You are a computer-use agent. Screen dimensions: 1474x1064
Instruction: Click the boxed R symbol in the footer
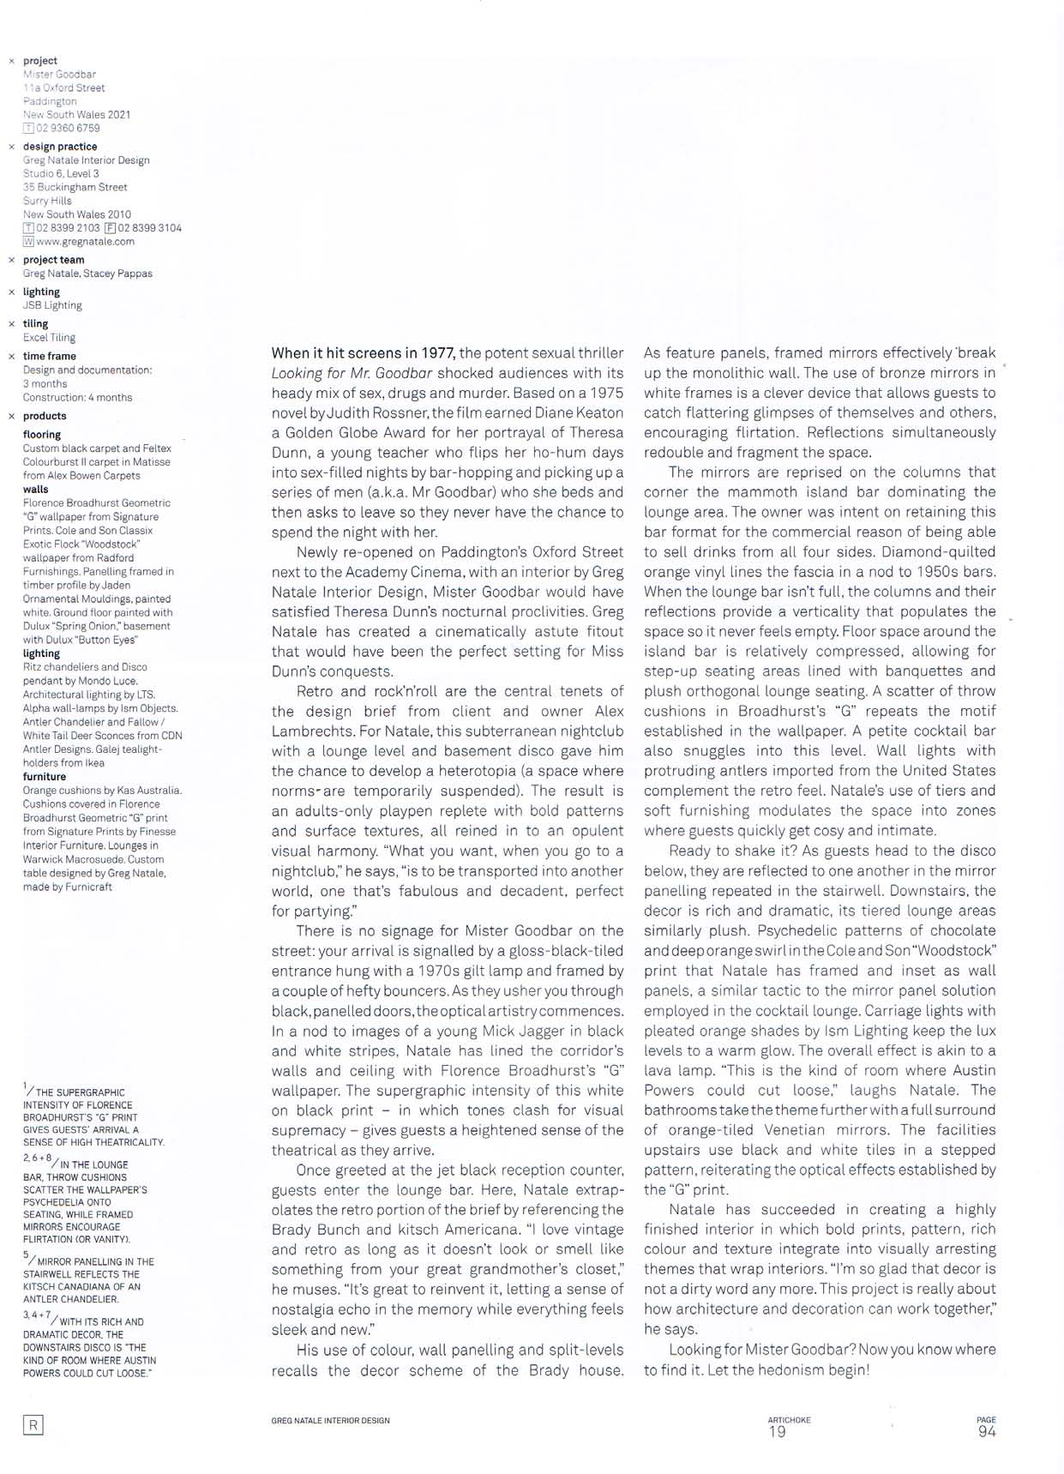(33, 1425)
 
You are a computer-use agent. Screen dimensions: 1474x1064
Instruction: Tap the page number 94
(987, 1431)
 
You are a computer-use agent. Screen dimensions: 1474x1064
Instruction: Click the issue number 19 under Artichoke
(777, 1431)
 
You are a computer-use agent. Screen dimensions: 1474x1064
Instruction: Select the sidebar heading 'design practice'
(60, 147)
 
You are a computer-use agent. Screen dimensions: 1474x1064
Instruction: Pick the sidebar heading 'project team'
(53, 260)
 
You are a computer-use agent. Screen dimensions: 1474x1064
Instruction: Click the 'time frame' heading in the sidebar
(49, 356)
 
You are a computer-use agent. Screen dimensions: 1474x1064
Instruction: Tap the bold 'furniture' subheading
(45, 776)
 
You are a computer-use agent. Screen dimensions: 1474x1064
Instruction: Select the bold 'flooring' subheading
(42, 435)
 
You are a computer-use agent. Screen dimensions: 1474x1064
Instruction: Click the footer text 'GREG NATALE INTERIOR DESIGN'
(330, 1421)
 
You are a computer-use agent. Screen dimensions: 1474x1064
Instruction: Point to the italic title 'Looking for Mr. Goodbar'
(352, 373)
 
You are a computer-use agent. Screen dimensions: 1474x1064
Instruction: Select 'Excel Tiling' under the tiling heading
(49, 338)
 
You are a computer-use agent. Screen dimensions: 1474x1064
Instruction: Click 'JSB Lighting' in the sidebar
(52, 305)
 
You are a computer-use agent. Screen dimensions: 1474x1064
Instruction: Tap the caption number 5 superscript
(26, 1254)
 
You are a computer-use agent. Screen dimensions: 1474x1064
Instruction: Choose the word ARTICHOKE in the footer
(789, 1420)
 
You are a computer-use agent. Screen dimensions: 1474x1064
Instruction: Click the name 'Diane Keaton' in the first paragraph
(584, 412)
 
